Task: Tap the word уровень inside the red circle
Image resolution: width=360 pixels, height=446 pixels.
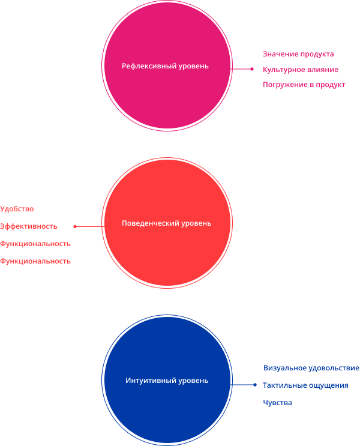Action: [196, 223]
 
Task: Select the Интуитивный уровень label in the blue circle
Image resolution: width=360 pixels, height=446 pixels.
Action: [167, 381]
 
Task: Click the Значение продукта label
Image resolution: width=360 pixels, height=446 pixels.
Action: [298, 54]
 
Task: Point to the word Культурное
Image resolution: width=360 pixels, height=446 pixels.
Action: [281, 70]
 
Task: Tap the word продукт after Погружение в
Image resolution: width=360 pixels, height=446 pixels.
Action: [331, 85]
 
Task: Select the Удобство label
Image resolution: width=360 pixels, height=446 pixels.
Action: [17, 209]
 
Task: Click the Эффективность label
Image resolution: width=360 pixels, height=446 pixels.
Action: [29, 226]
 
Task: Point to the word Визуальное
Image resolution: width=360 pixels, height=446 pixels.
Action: [285, 368]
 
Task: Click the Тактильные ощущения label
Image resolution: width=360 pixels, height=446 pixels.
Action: [305, 386]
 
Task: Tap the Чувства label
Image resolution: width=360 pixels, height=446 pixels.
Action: [278, 403]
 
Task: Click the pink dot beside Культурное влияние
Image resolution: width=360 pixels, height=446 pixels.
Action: [252, 69]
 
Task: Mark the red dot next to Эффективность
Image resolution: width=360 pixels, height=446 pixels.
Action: [75, 226]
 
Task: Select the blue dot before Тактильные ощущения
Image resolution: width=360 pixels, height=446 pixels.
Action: [255, 385]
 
